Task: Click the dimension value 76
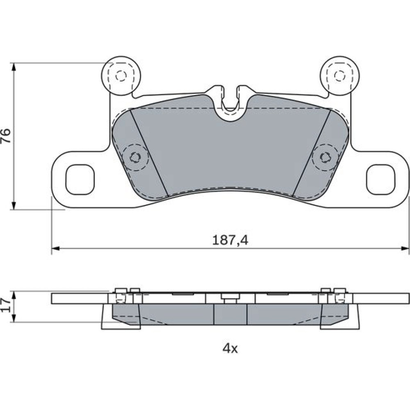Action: point(6,135)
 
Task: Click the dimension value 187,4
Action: point(230,240)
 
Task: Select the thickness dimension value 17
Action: point(6,305)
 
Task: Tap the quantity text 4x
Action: point(230,348)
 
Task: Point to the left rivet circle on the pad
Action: point(135,157)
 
